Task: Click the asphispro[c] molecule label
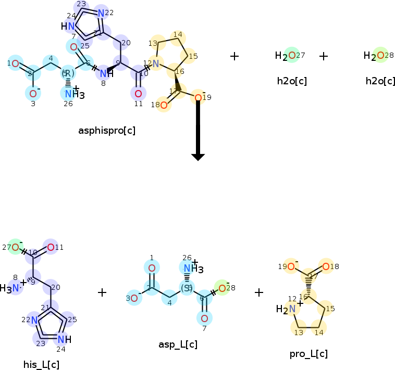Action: click(107, 131)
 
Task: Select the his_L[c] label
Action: click(41, 364)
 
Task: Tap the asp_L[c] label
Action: click(178, 344)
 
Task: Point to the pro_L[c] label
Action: click(308, 354)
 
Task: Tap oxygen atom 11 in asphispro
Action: click(138, 94)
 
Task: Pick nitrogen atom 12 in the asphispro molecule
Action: click(155, 63)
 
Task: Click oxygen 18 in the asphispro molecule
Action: click(164, 106)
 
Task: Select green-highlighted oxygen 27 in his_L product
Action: click(16, 247)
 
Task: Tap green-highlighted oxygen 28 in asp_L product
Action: click(222, 288)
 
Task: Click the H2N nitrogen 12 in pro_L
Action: click(292, 309)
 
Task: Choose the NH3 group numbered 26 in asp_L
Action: click(189, 268)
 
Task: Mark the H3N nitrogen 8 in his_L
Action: click(16, 287)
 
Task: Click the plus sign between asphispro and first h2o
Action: click(234, 56)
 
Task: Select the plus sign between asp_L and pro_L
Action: click(259, 292)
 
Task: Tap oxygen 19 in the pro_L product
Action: click(291, 266)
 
